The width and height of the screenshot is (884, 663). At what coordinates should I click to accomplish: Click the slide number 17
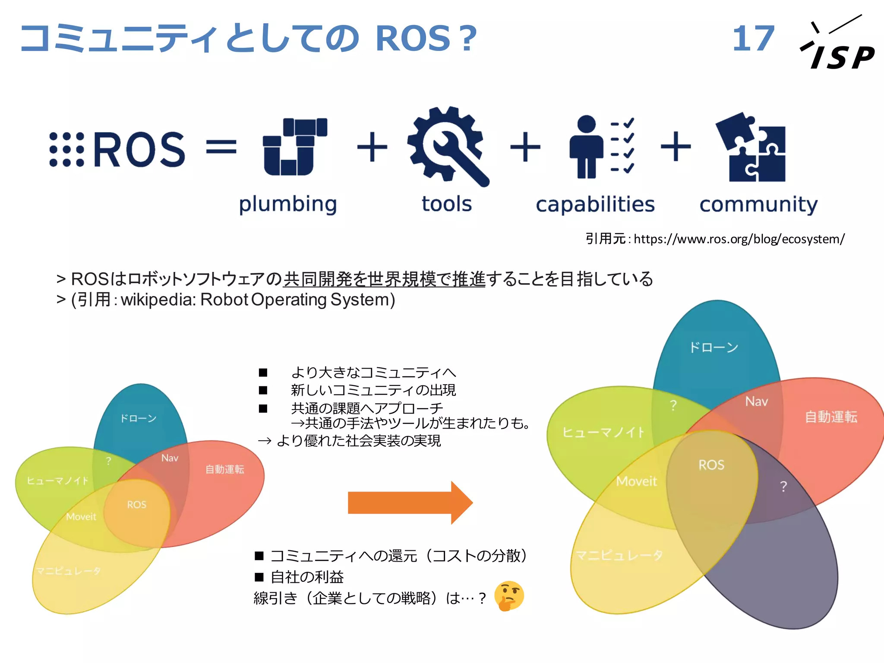click(753, 38)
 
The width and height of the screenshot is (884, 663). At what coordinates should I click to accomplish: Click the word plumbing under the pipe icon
click(288, 204)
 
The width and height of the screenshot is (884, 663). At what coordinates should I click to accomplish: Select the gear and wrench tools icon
click(447, 146)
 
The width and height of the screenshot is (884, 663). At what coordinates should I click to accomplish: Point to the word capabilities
click(595, 204)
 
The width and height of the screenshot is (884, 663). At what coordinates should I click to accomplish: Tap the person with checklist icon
click(601, 147)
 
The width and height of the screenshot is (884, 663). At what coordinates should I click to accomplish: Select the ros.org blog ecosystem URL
click(739, 239)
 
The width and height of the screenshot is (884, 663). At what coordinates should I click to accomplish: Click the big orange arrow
click(410, 502)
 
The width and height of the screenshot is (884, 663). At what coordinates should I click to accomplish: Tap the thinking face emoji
click(509, 596)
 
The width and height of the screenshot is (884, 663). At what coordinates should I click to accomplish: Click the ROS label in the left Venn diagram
click(136, 505)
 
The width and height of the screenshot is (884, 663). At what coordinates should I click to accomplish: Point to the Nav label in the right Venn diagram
click(756, 402)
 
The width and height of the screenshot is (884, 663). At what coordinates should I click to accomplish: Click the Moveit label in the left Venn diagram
click(81, 517)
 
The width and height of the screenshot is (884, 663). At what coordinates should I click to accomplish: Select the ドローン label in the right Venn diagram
click(713, 347)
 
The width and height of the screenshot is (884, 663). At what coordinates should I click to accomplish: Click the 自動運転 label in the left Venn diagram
click(224, 469)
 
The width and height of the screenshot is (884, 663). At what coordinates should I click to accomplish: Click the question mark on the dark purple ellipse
click(783, 486)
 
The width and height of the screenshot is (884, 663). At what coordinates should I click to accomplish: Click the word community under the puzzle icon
click(758, 204)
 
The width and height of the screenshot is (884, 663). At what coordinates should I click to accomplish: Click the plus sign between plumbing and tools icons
click(372, 148)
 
